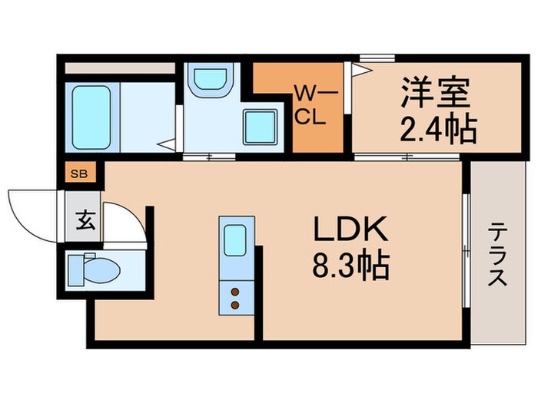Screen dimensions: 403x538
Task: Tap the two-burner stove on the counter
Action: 234,298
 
